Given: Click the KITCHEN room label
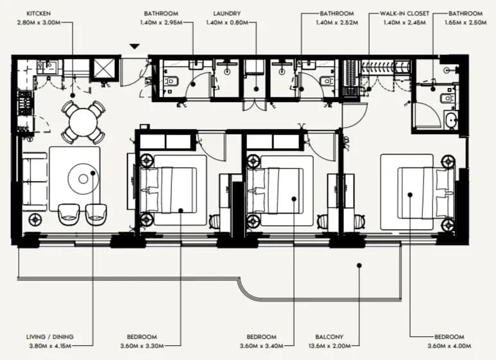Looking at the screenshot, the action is coord(38,13).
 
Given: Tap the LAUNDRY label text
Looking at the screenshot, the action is coord(227,13).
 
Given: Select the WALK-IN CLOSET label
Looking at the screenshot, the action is coord(404,13).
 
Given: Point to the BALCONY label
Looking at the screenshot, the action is coord(329,337).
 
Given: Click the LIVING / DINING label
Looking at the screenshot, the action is coord(49,337).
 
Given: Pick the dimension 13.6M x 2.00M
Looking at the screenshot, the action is coord(329,346).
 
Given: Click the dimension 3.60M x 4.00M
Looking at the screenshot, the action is coord(449,346).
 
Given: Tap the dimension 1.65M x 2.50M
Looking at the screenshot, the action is coord(465,22).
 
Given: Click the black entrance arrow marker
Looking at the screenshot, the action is coord(135,46).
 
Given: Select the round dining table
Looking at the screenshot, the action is coord(83,122).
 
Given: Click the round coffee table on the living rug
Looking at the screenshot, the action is coord(83,179).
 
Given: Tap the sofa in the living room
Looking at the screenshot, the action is coord(35,182).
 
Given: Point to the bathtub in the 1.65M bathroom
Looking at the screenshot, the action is coord(450,120).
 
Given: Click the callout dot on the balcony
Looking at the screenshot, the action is coord(359,266).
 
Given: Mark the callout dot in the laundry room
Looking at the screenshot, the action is coord(256,89).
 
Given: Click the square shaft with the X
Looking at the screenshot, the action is coord(103,69).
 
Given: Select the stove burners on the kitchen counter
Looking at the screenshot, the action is coord(25,103).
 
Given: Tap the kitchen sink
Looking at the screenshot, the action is coord(47,67).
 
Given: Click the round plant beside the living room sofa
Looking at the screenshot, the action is coord(35,219).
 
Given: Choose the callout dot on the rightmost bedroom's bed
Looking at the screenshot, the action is coord(410,195).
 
